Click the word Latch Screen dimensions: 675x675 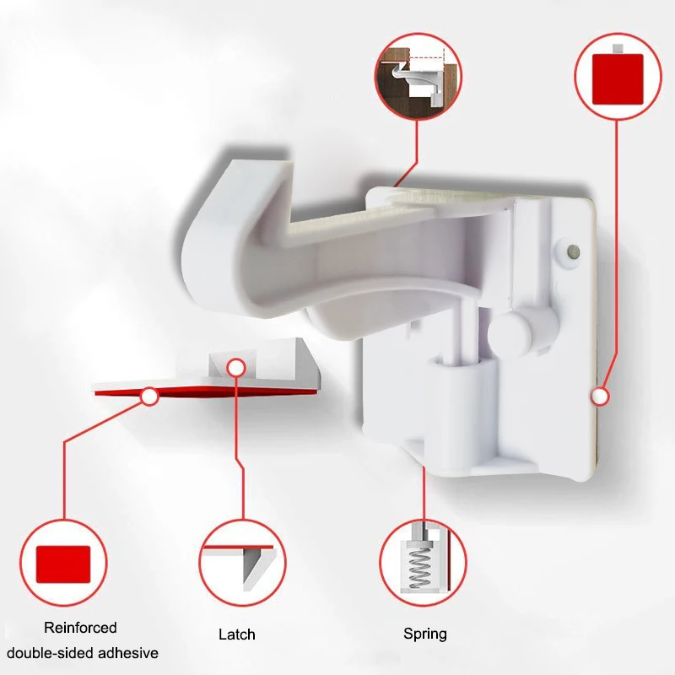pyautogui.click(x=236, y=634)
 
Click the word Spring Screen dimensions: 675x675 pyautogui.click(x=425, y=634)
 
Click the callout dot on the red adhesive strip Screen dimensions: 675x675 pyautogui.click(x=149, y=395)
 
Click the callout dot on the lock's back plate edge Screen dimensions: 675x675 pyautogui.click(x=600, y=394)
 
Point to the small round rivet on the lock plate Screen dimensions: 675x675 pyautogui.click(x=572, y=251)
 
